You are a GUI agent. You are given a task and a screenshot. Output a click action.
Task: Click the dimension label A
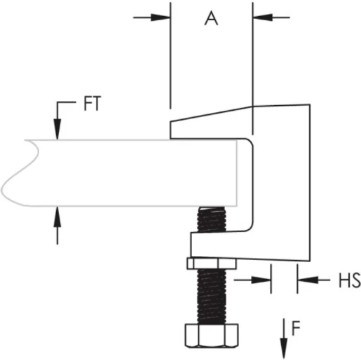[x=211, y=19]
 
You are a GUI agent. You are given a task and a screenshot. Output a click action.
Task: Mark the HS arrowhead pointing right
[x=264, y=281]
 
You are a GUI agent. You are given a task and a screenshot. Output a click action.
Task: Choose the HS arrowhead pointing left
[x=305, y=281]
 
